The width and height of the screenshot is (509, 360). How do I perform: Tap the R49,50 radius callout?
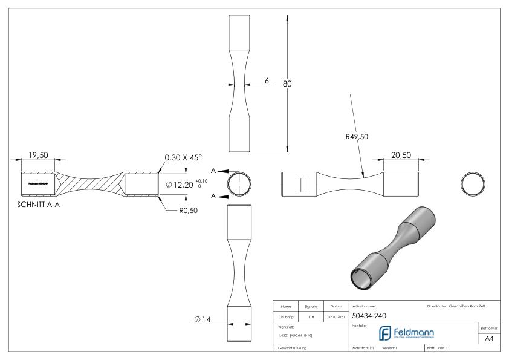click(x=356, y=137)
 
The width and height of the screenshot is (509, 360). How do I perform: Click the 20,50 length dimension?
click(x=401, y=155)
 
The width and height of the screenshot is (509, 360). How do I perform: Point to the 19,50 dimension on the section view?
click(x=38, y=155)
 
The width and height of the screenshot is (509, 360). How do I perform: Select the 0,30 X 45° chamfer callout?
click(x=184, y=157)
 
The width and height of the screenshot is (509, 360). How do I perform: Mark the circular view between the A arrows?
click(x=240, y=184)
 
